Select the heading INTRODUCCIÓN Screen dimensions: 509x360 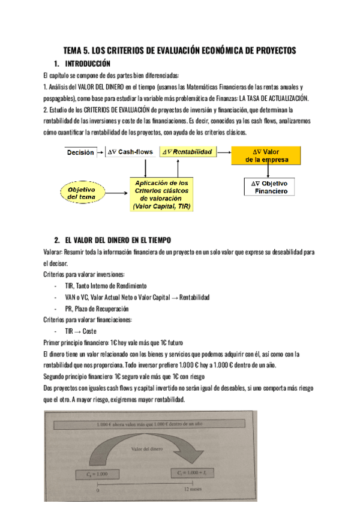(88, 64)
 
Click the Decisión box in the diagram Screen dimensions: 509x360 (80, 152)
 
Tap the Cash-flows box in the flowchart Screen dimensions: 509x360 (130, 152)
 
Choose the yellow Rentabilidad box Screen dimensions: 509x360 (187, 152)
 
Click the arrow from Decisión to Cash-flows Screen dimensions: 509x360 (100, 152)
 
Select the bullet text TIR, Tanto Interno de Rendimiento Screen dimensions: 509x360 (105, 286)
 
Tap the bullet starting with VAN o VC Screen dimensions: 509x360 (137, 297)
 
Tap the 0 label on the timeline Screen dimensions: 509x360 (98, 490)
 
